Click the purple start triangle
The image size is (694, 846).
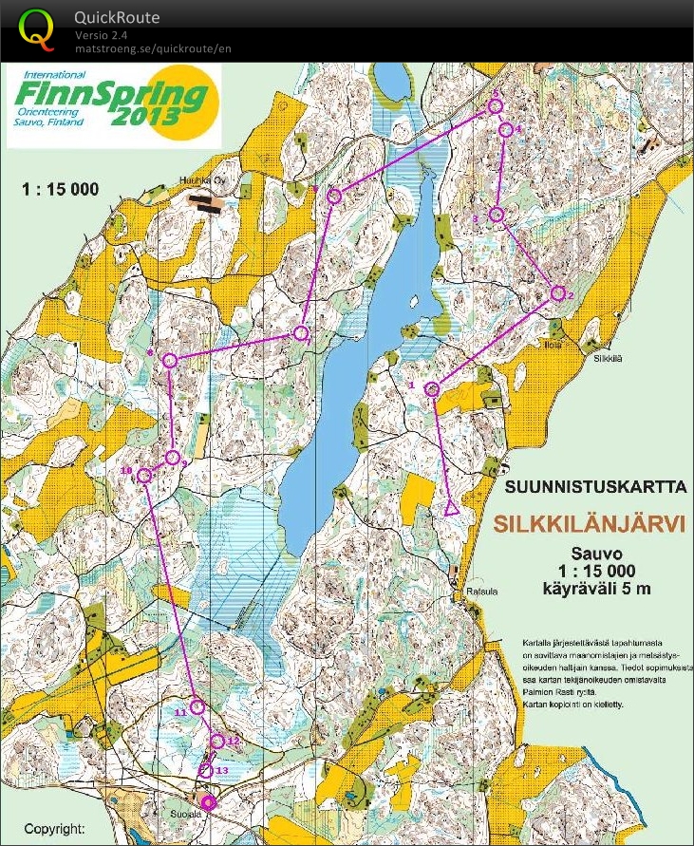coord(452,508)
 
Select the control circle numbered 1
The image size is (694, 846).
coord(432,389)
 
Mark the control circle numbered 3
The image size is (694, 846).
coord(495,215)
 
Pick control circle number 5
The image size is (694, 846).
coord(494,107)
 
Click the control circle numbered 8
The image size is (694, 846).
coord(170,360)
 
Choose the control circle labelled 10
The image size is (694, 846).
coord(143,476)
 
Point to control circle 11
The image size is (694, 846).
coord(197,706)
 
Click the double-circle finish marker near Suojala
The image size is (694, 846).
coord(208,802)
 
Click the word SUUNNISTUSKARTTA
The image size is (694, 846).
coord(595,488)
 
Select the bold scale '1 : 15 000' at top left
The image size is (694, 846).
coord(60,189)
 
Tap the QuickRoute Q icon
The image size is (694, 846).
coord(36,28)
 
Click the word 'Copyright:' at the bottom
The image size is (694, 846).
coord(55,828)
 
